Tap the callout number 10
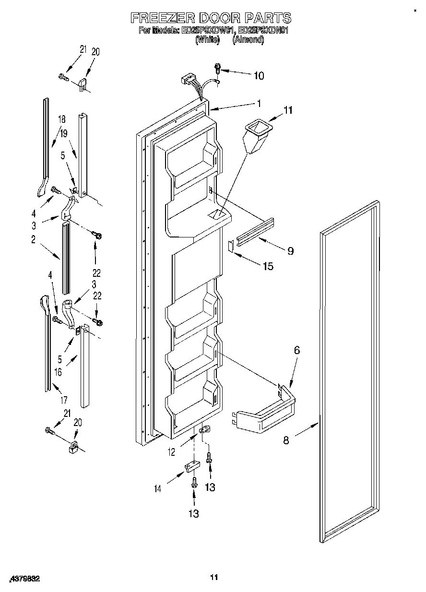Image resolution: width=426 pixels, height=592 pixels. (x=259, y=75)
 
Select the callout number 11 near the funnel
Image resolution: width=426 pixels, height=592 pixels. (x=287, y=111)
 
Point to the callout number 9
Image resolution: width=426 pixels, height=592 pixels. (x=290, y=250)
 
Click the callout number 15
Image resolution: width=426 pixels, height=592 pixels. (x=268, y=266)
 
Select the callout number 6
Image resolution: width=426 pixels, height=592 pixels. (x=296, y=351)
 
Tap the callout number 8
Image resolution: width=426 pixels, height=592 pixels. (x=286, y=440)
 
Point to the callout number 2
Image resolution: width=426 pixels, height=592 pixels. (x=34, y=240)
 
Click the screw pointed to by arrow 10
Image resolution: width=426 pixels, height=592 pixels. (x=218, y=70)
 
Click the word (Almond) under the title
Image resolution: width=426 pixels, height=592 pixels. (x=248, y=40)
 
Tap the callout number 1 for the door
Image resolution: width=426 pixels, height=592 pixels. (x=259, y=103)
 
